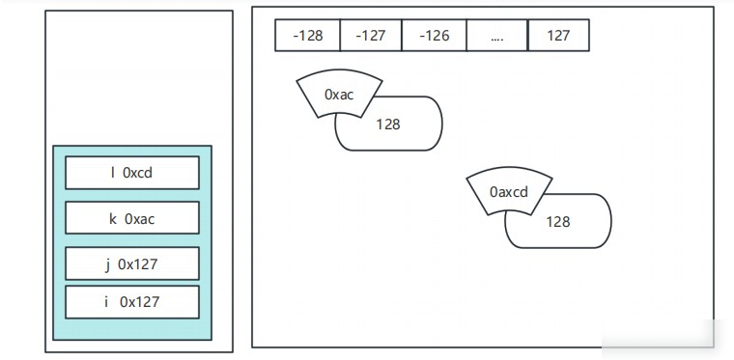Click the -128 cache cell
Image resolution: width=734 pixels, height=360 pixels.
click(x=307, y=35)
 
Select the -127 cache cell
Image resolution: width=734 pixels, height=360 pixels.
click(x=371, y=35)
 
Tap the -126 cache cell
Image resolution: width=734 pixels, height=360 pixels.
click(x=434, y=35)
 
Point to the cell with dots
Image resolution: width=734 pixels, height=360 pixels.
click(x=497, y=35)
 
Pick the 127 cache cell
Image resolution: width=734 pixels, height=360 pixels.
click(x=558, y=35)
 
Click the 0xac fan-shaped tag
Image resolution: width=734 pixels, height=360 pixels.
click(x=339, y=94)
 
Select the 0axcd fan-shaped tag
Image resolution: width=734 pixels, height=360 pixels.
click(x=509, y=192)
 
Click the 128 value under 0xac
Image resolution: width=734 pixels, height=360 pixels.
click(x=388, y=125)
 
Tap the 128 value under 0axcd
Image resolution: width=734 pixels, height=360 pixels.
click(x=558, y=222)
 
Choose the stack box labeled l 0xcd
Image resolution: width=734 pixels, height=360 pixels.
click(x=132, y=173)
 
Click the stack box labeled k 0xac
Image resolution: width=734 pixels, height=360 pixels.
click(x=132, y=218)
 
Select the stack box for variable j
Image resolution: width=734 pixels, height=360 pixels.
click(x=132, y=263)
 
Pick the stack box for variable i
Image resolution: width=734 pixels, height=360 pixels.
click(x=132, y=302)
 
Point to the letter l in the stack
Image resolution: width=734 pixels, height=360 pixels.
click(x=112, y=173)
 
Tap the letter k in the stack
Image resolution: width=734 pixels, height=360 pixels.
click(x=113, y=219)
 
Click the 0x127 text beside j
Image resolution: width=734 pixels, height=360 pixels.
click(x=137, y=264)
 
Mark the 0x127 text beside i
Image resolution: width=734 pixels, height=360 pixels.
click(x=139, y=302)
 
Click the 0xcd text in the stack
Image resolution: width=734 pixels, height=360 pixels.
click(x=137, y=173)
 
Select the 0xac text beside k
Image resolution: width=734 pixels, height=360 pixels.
click(x=139, y=219)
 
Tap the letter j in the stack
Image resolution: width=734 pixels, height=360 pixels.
click(x=107, y=265)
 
